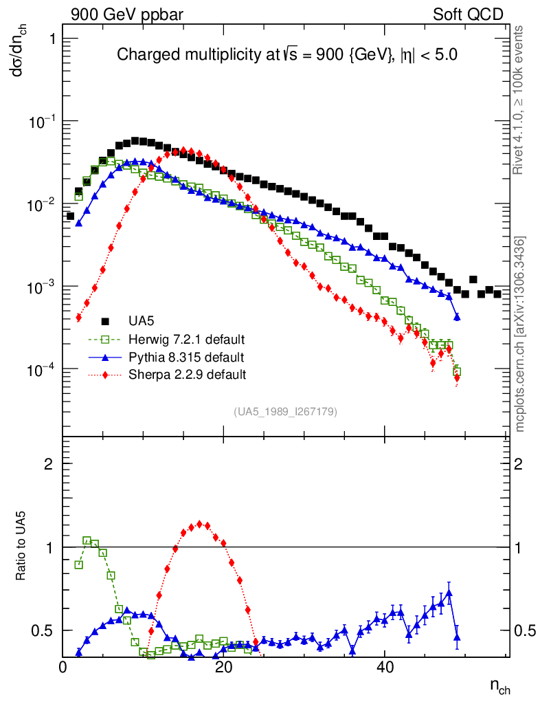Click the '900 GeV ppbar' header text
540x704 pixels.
click(127, 14)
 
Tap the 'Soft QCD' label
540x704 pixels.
click(468, 14)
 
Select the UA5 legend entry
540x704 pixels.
click(141, 321)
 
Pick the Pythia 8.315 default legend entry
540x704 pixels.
click(186, 357)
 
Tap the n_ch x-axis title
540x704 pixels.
click(499, 685)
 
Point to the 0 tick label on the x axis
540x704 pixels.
click(63, 668)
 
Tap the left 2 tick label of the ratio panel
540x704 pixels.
click(49, 464)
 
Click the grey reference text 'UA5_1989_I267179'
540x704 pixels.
click(285, 412)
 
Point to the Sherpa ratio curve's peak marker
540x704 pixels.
click(199, 524)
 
